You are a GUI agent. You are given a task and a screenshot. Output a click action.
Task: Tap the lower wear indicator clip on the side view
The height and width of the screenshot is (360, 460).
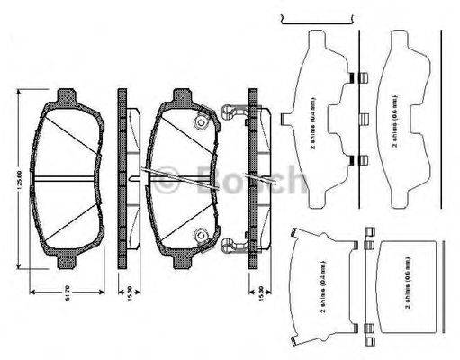(x=234, y=244)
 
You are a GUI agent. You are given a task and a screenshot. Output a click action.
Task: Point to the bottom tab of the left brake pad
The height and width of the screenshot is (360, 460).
(x=68, y=262)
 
